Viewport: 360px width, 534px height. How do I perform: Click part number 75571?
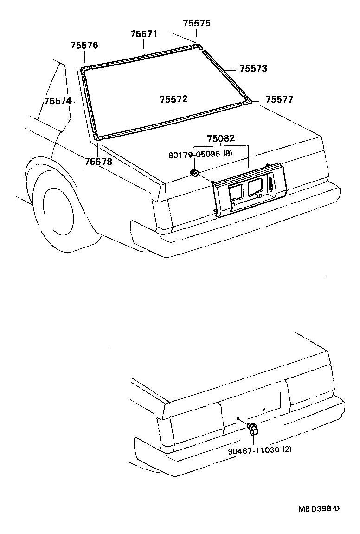[x=144, y=34]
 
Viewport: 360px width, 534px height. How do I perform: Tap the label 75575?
[x=197, y=23]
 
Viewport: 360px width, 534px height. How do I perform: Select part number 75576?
[x=84, y=46]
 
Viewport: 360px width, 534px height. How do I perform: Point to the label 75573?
[x=253, y=69]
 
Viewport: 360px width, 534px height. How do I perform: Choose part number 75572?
[x=174, y=100]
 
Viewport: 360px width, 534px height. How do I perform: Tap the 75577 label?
[x=279, y=99]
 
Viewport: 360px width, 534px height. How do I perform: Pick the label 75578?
[x=98, y=162]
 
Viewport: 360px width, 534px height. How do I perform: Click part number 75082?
[x=221, y=138]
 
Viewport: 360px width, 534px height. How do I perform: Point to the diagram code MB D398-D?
[x=319, y=508]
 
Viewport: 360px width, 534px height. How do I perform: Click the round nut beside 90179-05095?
[x=195, y=174]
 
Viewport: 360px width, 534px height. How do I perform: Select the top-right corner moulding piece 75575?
[x=197, y=46]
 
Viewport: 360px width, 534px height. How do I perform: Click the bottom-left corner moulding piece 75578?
[x=98, y=137]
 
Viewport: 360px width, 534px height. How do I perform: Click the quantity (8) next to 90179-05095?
[x=227, y=154]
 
